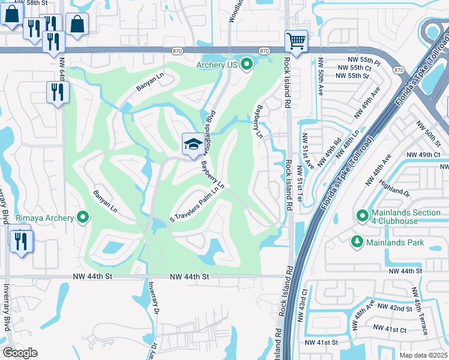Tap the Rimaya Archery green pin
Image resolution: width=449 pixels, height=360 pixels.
pyautogui.click(x=82, y=218)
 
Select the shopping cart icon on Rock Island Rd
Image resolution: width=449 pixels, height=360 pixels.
pyautogui.click(x=296, y=40)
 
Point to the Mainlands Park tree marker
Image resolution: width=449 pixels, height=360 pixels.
pyautogui.click(x=357, y=241)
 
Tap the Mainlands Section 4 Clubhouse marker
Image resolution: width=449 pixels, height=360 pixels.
pyautogui.click(x=363, y=215)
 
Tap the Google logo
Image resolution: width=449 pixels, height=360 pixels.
pyautogui.click(x=20, y=353)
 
